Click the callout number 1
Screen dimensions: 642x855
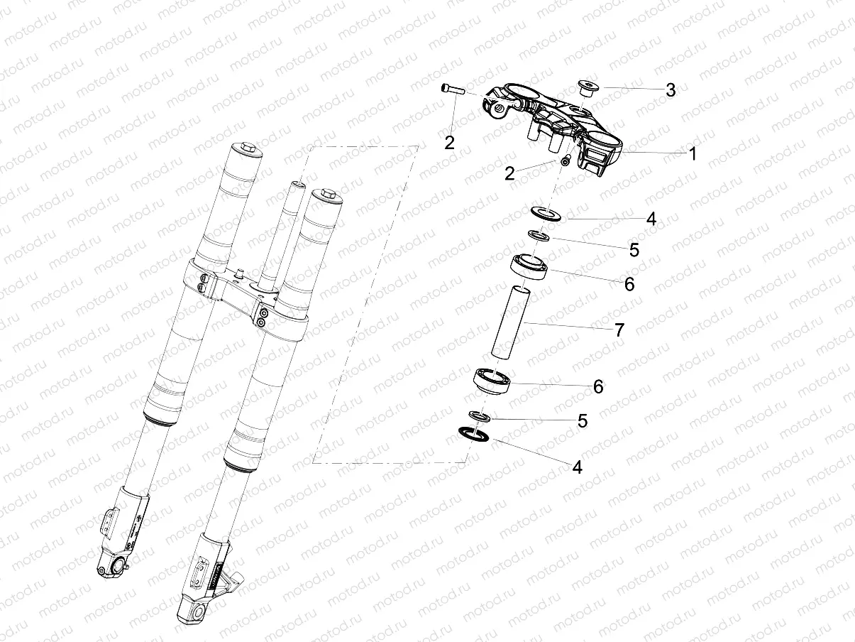[693, 153]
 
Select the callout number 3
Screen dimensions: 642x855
[670, 90]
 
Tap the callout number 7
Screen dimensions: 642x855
[619, 330]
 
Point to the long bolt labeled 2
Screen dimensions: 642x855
[451, 89]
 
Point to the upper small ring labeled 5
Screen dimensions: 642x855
[539, 235]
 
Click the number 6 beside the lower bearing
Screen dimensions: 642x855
[597, 387]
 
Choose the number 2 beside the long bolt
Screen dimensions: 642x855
[449, 142]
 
